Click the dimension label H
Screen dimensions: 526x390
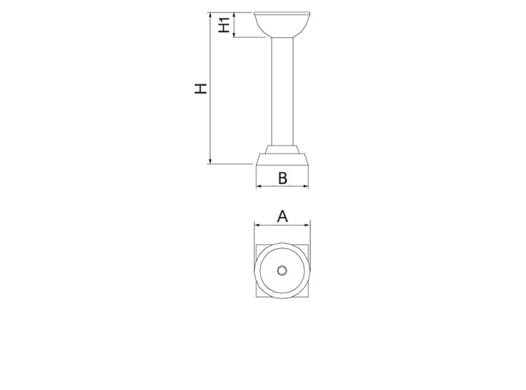[201, 88]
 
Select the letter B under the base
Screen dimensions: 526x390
[283, 178]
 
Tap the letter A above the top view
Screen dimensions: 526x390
[283, 216]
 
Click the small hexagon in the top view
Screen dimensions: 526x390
[282, 271]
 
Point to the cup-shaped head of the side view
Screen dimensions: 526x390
[282, 25]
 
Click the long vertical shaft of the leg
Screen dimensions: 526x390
[282, 92]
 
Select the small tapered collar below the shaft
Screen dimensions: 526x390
[282, 149]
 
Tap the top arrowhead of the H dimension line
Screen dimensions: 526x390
[211, 15]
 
